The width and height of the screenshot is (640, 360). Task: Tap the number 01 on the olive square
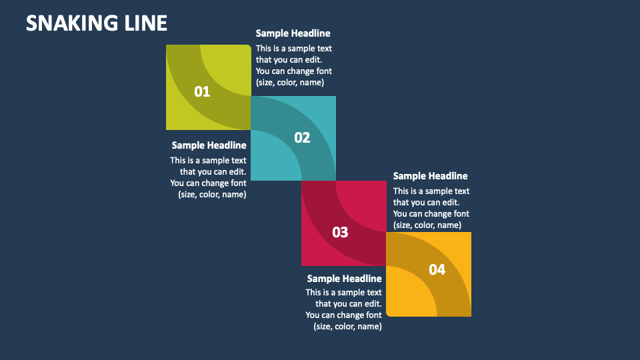pos(202,92)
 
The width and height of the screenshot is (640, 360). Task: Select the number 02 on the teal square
pos(302,137)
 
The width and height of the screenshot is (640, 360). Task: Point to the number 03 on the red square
pos(340,232)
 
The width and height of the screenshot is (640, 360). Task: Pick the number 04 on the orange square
pos(437,269)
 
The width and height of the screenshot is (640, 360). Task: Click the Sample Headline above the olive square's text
pos(293,33)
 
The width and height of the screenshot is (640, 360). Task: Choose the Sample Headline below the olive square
pos(209,145)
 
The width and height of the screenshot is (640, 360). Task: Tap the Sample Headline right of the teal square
pos(430,176)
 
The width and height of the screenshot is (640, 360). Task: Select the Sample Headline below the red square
pos(344,279)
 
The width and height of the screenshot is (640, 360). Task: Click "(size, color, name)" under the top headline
pos(289,83)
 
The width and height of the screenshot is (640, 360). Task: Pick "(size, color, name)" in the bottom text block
pos(347,327)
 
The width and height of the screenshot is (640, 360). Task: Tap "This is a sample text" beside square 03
pos(431,191)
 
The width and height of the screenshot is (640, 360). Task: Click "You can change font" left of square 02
pos(208,183)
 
